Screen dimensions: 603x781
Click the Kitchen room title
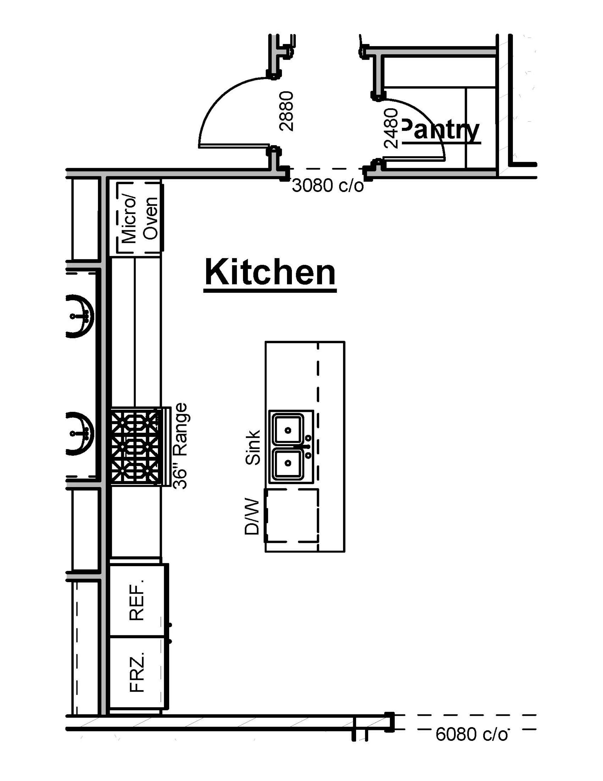tap(270, 273)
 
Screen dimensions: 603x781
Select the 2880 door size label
tap(286, 111)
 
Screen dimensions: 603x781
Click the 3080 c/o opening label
tap(328, 186)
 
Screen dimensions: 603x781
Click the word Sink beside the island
tap(253, 447)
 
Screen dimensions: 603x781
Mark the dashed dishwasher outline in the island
tap(292, 516)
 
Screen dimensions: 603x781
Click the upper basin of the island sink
tap(288, 429)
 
